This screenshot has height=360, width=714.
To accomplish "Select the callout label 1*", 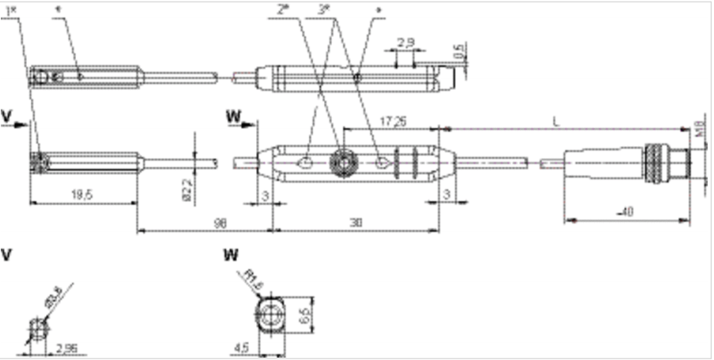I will [x=10, y=9].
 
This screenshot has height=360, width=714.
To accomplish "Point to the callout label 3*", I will [x=323, y=9].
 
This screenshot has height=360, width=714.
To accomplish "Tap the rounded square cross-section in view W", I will [x=271, y=315].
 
